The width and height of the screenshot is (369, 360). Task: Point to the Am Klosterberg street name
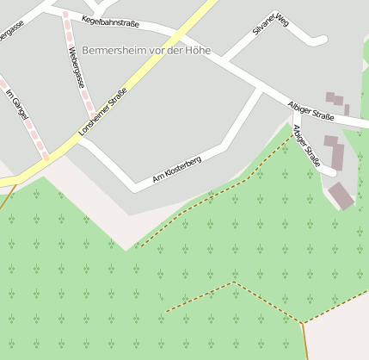176,167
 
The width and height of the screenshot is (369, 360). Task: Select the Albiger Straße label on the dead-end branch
306,146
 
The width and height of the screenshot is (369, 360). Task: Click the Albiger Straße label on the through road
311,110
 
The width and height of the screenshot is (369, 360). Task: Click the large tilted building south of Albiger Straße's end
341,196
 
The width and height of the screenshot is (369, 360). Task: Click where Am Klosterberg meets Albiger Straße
261,89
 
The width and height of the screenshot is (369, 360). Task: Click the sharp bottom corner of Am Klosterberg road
133,186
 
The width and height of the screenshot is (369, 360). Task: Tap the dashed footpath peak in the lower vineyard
232,282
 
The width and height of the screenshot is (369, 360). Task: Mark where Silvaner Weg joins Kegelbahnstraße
225,61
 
